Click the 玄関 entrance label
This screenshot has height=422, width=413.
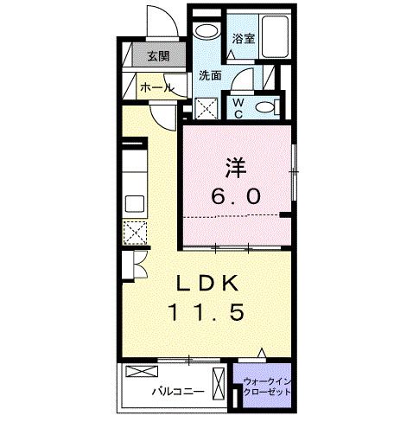click(x=157, y=57)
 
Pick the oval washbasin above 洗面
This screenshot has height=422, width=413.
click(x=207, y=33)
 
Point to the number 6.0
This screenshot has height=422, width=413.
click(x=233, y=195)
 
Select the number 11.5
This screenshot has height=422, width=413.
click(x=208, y=311)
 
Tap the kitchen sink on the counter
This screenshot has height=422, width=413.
click(x=136, y=204)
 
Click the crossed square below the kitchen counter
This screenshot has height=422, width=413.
click(x=136, y=233)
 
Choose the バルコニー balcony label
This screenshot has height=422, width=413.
click(x=178, y=391)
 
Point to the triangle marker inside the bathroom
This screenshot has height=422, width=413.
click(x=232, y=54)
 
